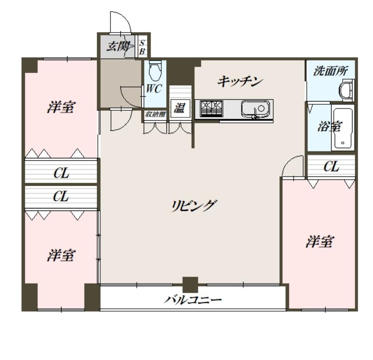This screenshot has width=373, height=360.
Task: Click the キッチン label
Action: pos(241,82)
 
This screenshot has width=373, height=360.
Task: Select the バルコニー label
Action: pos(192,299)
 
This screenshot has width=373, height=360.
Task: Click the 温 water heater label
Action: pos(179,109)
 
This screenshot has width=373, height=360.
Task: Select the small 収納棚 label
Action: pos(154,114)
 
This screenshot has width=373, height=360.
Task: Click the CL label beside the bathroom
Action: pos(331,167)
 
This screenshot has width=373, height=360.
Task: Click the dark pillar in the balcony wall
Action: pos(190,284)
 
